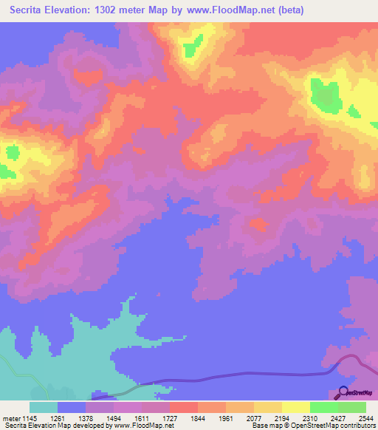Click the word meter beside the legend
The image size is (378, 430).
pos(12,417)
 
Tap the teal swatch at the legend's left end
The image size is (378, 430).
pos(43,407)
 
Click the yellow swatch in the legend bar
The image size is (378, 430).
pos(295,407)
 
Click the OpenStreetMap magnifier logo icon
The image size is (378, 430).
pos(343,393)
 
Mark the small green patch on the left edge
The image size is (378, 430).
pos(11,154)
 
